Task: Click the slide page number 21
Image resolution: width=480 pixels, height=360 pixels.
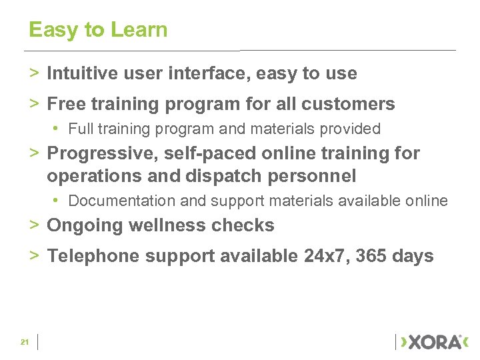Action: click(25, 342)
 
